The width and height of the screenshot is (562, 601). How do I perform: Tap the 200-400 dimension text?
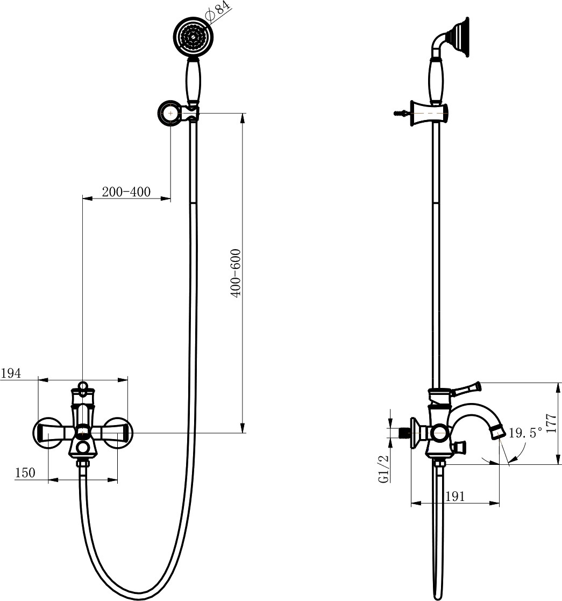pyautogui.click(x=126, y=191)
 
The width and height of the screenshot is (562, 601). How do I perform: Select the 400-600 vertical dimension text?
pyautogui.click(x=236, y=273)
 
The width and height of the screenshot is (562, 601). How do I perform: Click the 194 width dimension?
pyautogui.click(x=11, y=373)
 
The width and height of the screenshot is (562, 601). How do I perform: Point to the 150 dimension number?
pyautogui.click(x=25, y=472)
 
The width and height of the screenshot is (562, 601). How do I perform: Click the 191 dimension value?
pyautogui.click(x=455, y=497)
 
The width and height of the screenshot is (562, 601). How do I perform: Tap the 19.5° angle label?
pyautogui.click(x=525, y=433)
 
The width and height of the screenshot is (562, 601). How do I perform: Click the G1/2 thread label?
pyautogui.click(x=383, y=469)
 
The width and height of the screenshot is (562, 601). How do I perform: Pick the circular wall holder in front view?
pyautogui.click(x=170, y=113)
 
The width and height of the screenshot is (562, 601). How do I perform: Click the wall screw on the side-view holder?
pyautogui.click(x=402, y=113)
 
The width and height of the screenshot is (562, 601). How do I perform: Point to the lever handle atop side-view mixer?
pyautogui.click(x=466, y=388)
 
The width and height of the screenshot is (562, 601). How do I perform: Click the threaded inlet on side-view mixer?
pyautogui.click(x=404, y=433)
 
